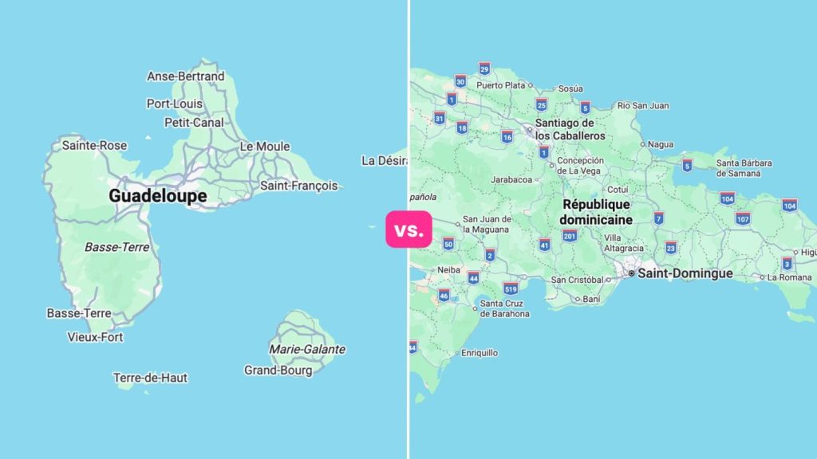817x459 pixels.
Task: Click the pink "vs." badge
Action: tap(408, 230)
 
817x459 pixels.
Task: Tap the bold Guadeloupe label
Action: tap(157, 196)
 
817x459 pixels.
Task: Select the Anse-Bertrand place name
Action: tap(185, 76)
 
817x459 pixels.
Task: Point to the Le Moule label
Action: tap(264, 147)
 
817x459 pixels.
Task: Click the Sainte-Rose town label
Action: tap(94, 146)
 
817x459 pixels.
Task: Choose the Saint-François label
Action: tap(298, 186)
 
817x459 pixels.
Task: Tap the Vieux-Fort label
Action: tap(96, 337)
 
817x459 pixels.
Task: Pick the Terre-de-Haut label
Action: tap(150, 378)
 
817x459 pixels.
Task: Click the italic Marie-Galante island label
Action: tap(306, 349)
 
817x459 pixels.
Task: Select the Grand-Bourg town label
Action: tap(278, 371)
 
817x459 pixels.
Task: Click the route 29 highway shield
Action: tap(483, 69)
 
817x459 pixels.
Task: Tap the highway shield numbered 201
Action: tap(569, 235)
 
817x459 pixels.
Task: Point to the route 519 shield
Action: tap(511, 288)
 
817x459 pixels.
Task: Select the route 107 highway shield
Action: tap(742, 218)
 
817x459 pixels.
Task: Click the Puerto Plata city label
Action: tap(500, 85)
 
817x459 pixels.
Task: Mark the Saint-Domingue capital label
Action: tap(685, 273)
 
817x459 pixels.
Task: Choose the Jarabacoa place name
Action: tap(511, 180)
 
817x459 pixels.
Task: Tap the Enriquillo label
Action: tap(479, 352)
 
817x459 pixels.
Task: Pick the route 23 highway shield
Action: tap(670, 247)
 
